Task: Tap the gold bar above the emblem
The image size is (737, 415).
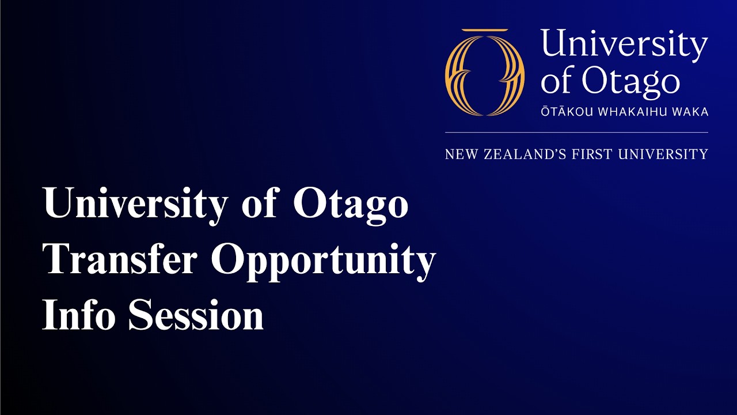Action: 485,30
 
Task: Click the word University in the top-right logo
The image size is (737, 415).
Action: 624,46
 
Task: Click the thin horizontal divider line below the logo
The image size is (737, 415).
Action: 576,133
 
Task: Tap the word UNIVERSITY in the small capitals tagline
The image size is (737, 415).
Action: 662,154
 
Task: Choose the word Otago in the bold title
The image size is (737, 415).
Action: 351,205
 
